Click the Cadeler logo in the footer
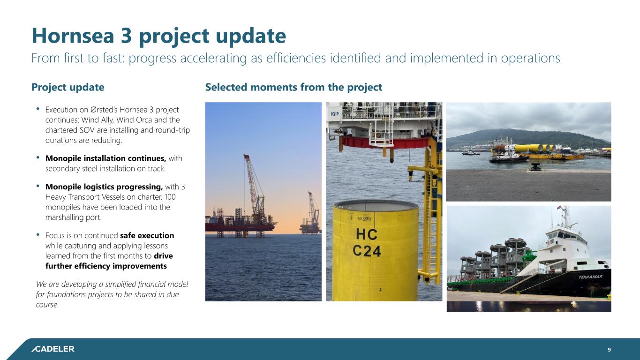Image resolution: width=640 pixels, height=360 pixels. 53,349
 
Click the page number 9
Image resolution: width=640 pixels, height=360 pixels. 609,349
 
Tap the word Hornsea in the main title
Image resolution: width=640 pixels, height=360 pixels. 73,36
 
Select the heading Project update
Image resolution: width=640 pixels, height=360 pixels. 68,87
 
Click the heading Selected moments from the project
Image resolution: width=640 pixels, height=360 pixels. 294,87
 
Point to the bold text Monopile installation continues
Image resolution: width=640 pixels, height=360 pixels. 105,158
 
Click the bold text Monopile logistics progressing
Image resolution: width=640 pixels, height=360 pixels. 104,187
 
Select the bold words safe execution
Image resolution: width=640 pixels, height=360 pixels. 147,235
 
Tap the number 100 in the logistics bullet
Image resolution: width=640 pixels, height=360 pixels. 170,197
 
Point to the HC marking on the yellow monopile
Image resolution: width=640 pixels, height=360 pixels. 367,234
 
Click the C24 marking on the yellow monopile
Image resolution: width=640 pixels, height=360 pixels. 367,251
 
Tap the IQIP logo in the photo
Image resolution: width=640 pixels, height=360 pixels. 335,114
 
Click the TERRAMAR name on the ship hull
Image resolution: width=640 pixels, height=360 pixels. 590,277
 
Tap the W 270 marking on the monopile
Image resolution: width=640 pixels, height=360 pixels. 365,219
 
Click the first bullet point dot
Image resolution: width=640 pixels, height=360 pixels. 38,109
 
